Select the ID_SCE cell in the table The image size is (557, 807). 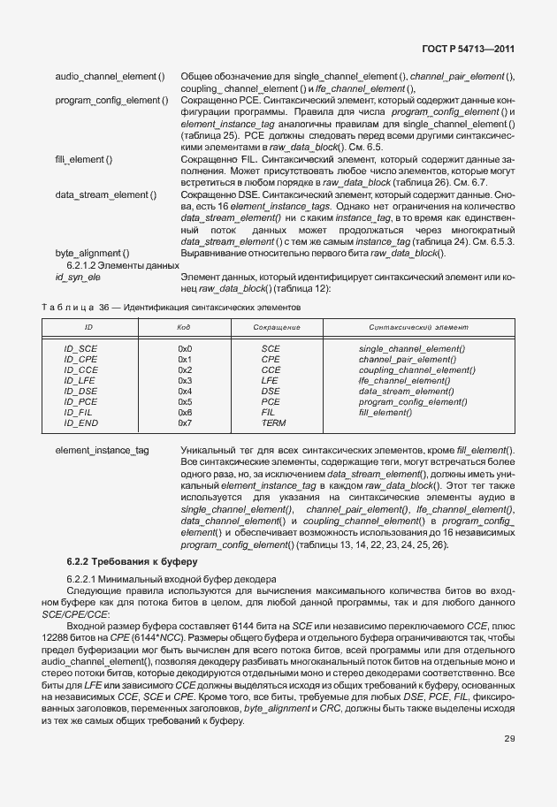coord(80,349)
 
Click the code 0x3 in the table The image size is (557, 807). coord(185,381)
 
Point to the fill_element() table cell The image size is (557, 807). coord(385,413)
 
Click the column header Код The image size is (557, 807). coord(184,328)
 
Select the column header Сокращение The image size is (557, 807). coord(276,328)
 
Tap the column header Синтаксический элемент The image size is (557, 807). coord(413,328)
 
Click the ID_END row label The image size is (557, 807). coord(80,423)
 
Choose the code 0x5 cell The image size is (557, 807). coord(185,402)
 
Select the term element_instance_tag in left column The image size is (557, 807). coord(102,451)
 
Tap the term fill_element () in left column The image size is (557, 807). coord(83,159)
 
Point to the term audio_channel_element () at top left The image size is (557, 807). coord(110,78)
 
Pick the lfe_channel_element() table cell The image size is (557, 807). coord(404,381)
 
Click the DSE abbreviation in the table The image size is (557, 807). coord(271,392)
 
